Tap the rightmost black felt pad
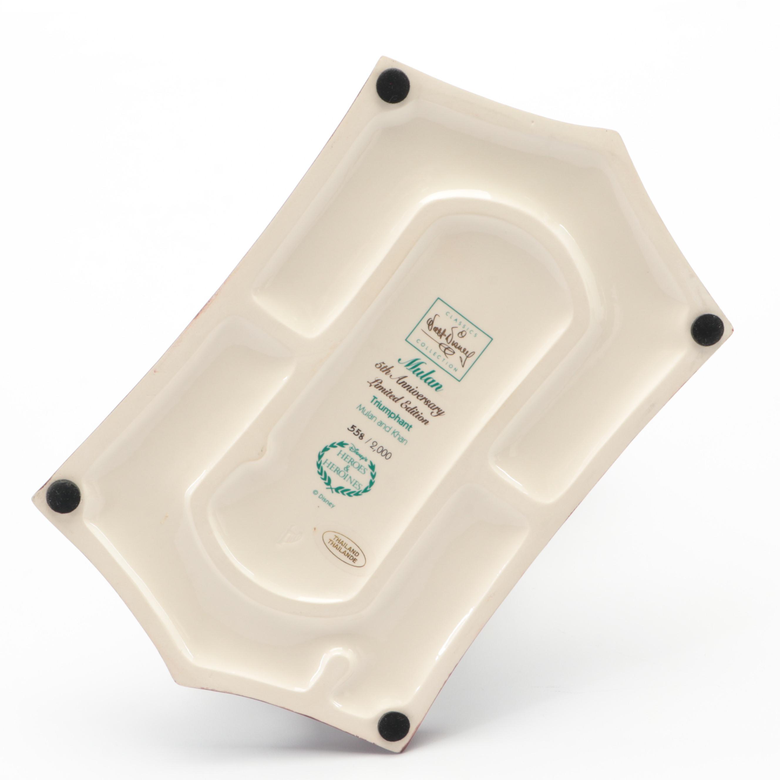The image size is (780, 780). point(709,329)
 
